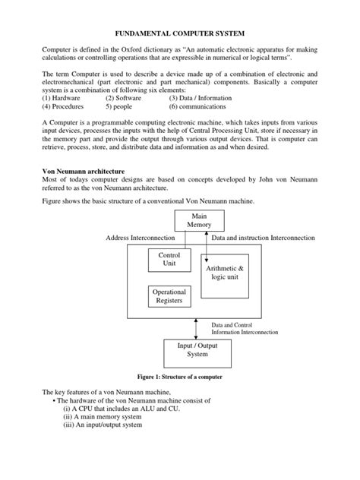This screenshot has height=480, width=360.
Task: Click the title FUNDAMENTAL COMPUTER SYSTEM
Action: click(179, 34)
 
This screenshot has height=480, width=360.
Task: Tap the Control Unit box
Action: click(169, 261)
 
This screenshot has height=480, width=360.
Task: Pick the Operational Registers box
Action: click(169, 296)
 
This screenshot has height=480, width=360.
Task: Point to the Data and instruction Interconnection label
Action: click(263, 238)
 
